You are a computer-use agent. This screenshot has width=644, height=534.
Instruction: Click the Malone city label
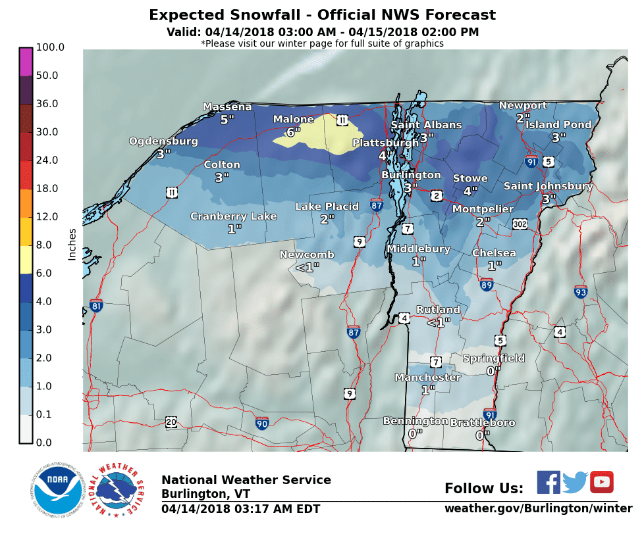click(x=294, y=119)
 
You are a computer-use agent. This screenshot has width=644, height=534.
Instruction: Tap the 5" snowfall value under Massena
click(x=227, y=119)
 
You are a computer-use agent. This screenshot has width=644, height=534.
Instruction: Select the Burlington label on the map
click(x=411, y=175)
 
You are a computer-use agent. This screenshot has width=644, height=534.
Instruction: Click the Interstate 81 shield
click(x=96, y=305)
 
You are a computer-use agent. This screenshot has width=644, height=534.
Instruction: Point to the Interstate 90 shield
click(x=262, y=423)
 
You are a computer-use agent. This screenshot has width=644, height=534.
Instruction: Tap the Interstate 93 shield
click(x=580, y=291)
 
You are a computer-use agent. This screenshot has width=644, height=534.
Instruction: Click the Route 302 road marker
click(x=520, y=224)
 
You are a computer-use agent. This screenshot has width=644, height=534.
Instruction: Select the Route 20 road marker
click(x=171, y=422)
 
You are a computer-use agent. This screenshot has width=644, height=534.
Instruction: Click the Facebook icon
click(x=549, y=482)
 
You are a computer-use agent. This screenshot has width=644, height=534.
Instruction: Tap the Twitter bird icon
click(x=575, y=482)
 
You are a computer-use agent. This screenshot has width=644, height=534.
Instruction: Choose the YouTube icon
click(x=601, y=482)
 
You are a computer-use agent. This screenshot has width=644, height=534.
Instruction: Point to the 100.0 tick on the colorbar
click(x=50, y=47)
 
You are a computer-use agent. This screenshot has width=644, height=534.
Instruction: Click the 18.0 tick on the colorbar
click(x=50, y=188)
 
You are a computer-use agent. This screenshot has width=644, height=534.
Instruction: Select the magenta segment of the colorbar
click(x=26, y=62)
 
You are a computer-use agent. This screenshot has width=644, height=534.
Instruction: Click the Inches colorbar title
click(x=72, y=244)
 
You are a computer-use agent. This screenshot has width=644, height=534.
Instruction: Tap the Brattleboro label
click(x=483, y=423)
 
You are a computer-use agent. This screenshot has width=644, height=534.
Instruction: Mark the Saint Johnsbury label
click(x=548, y=186)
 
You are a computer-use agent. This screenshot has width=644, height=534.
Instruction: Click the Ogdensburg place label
click(x=163, y=141)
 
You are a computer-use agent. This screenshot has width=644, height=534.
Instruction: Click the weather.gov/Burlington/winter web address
click(x=538, y=508)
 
